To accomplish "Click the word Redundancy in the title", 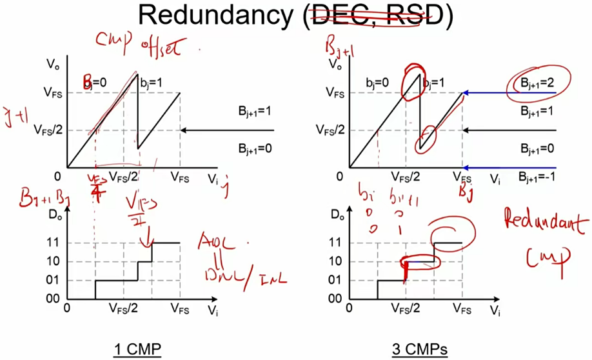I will pyautogui.click(x=217, y=15).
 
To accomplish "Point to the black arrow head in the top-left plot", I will pyautogui.click(x=184, y=130).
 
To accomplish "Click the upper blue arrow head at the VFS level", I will pyautogui.click(x=466, y=93).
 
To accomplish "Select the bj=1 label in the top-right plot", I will pyautogui.click(x=433, y=83).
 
